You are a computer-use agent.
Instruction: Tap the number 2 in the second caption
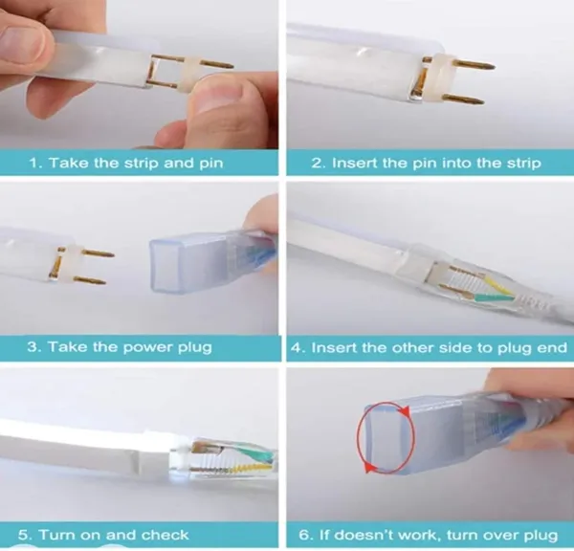(x=317, y=163)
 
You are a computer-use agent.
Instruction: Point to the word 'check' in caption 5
(x=165, y=536)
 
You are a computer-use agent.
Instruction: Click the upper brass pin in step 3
(x=98, y=253)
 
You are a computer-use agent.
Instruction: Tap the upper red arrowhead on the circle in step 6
(x=405, y=411)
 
